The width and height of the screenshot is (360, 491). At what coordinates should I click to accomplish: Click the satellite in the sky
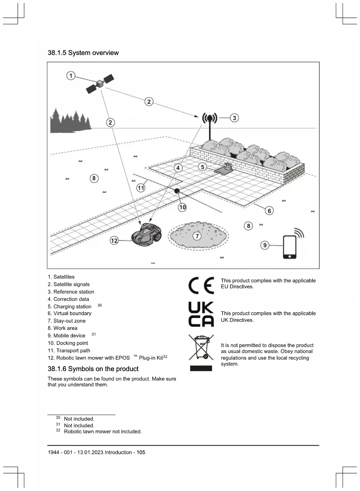(x=100, y=83)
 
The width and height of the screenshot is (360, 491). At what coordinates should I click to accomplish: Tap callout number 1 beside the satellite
(x=71, y=76)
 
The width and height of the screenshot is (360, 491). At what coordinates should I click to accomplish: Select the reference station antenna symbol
(x=210, y=118)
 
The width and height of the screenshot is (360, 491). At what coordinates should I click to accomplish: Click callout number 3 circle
(x=234, y=118)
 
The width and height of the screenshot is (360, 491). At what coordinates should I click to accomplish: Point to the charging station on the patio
(x=225, y=168)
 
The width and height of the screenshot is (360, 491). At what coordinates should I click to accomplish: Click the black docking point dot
(x=177, y=191)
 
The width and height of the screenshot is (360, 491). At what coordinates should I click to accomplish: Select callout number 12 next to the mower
(x=114, y=241)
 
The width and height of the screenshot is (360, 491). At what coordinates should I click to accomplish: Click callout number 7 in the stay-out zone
(x=197, y=236)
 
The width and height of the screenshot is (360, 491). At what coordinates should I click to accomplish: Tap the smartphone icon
(x=290, y=247)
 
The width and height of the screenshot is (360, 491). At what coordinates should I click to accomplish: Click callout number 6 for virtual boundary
(x=269, y=211)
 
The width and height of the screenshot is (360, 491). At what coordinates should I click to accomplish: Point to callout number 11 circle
(x=141, y=188)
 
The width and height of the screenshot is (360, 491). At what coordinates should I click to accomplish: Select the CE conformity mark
(x=201, y=285)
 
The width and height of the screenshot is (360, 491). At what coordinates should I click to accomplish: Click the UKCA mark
(x=201, y=314)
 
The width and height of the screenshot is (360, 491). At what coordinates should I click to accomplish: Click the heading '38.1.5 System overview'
(x=83, y=53)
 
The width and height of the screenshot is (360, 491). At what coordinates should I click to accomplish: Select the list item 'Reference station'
(x=71, y=292)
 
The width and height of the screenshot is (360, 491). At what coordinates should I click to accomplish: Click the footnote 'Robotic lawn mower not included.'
(x=103, y=432)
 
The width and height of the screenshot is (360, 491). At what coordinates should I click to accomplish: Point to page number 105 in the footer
(x=141, y=452)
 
